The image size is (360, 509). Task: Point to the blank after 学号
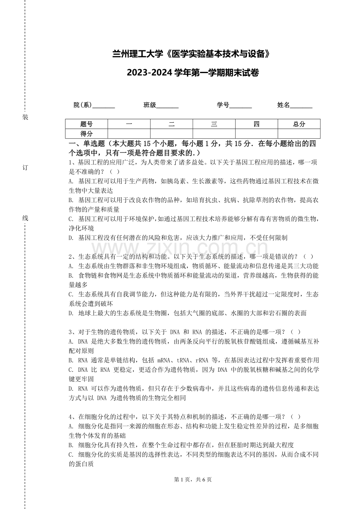(x=241, y=106)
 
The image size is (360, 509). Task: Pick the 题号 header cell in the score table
(x=86, y=124)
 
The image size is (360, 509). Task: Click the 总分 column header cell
(x=299, y=124)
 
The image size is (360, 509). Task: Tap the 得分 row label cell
(x=86, y=134)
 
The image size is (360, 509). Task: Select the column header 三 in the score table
(x=214, y=124)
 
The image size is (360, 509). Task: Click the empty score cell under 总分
(x=299, y=134)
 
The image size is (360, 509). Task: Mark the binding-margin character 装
(x=25, y=117)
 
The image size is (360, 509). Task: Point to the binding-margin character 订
(x=25, y=168)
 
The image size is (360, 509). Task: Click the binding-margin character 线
(x=25, y=218)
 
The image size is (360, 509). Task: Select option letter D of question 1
(x=71, y=238)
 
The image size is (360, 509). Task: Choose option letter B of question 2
(x=71, y=276)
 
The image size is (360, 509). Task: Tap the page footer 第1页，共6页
(x=193, y=480)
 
